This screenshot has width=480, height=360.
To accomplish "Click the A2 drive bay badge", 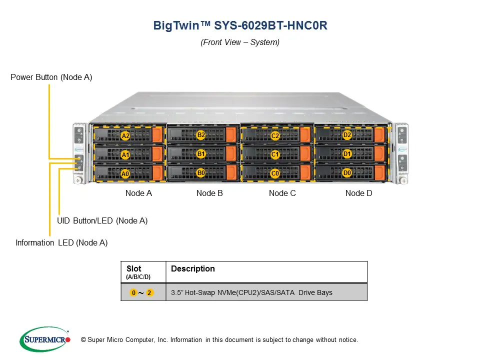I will (125, 136).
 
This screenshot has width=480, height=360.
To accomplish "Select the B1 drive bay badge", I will (201, 154).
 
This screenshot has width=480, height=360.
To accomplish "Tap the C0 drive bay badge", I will (275, 173).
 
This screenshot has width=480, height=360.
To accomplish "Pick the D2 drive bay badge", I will (347, 135).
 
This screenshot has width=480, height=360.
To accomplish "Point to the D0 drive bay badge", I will (347, 173).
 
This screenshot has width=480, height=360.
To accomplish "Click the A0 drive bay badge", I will (125, 174).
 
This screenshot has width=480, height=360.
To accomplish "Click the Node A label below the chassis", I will (138, 193).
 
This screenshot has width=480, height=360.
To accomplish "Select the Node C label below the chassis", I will (282, 193).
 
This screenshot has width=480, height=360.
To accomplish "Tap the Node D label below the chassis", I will (359, 193).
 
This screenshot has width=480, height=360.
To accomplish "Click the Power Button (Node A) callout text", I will (51, 77).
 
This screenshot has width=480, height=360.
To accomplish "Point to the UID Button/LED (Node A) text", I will (102, 220).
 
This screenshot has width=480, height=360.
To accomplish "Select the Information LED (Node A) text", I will (61, 243).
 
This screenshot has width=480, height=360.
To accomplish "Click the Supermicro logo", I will (45, 339).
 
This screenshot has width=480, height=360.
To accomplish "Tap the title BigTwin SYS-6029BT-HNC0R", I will (240, 26).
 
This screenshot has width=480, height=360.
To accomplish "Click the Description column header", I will (193, 269).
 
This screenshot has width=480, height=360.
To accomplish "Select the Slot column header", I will (134, 269).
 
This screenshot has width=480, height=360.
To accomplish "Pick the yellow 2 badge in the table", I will (150, 292).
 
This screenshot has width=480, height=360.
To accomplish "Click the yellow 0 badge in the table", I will (133, 292).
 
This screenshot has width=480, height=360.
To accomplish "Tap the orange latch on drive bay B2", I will (230, 135).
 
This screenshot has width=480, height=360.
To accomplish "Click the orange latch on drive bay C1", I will (304, 154).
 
